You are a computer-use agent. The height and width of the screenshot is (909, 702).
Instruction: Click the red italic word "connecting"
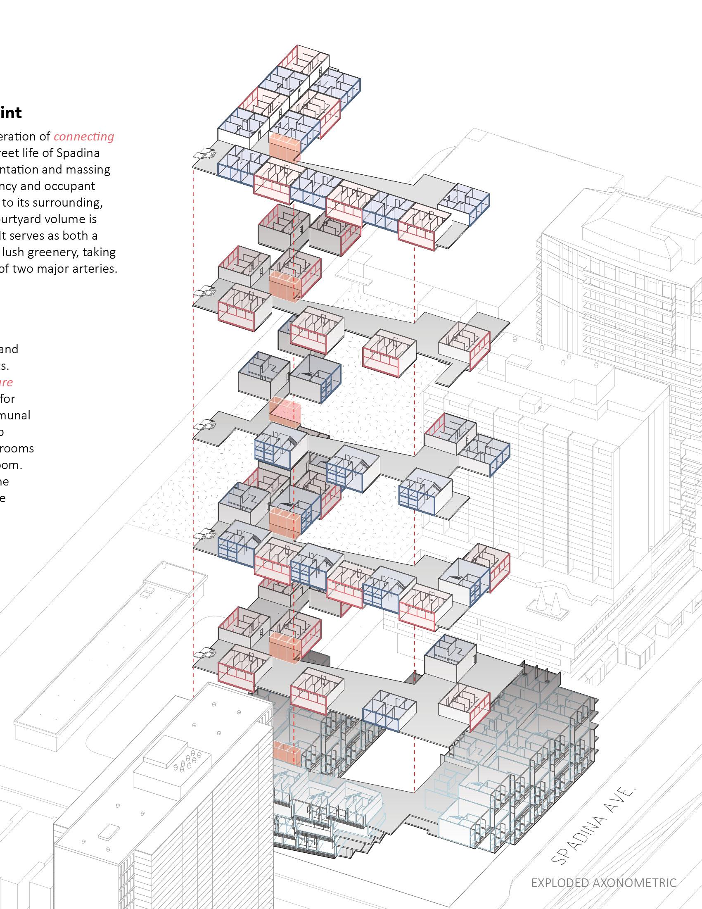tap(83, 136)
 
